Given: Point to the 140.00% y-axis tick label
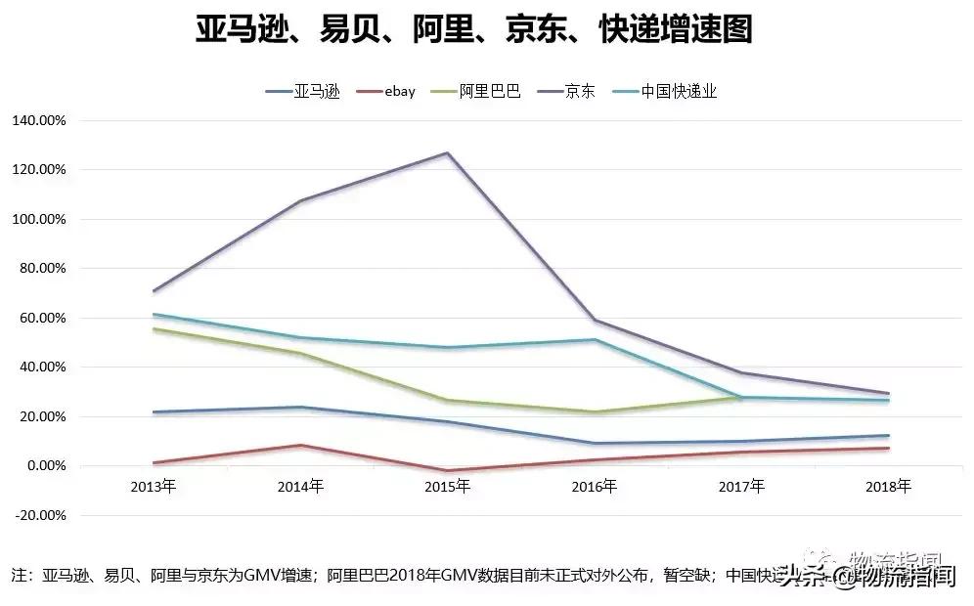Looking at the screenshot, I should pyautogui.click(x=39, y=120).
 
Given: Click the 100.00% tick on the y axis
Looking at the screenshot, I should pyautogui.click(x=39, y=219).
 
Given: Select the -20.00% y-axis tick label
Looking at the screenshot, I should pyautogui.click(x=39, y=515).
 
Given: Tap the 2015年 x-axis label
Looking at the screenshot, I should pyautogui.click(x=447, y=486).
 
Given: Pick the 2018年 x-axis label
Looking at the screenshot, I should pyautogui.click(x=889, y=486).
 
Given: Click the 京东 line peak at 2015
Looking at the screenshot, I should pyautogui.click(x=447, y=152).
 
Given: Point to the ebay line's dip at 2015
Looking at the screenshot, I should pyautogui.click(x=447, y=471).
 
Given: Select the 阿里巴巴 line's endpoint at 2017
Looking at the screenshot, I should pyautogui.click(x=741, y=397).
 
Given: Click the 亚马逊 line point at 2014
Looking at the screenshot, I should pyautogui.click(x=300, y=407).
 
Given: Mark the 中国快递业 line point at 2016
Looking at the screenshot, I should pyautogui.click(x=595, y=339).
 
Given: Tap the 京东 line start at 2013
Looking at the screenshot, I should pyautogui.click(x=154, y=290).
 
